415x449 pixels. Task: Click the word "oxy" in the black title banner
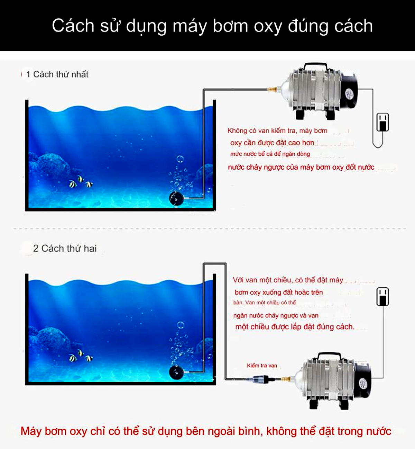point(268,27)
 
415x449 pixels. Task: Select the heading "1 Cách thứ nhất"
point(57,74)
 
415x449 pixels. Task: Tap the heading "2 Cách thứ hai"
point(65,248)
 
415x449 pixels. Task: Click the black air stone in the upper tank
point(176,198)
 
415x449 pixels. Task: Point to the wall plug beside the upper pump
point(382,122)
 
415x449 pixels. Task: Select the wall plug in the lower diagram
point(382,297)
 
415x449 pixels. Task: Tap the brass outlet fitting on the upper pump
point(273,89)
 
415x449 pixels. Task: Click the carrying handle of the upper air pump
point(316,66)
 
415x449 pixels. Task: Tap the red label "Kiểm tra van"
point(262,366)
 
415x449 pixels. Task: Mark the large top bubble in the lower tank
point(180,325)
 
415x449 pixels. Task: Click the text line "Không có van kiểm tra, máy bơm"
point(277,131)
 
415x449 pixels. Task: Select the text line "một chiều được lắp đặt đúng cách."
point(295,327)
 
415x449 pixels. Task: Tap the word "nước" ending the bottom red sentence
point(379,431)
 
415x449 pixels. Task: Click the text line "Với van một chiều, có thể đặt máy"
point(288,280)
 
